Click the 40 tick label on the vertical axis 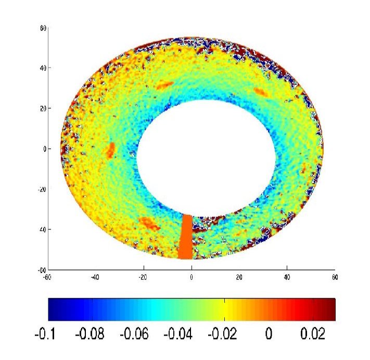click(x=44, y=68)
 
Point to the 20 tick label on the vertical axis click(x=44, y=108)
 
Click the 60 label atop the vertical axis click(x=44, y=28)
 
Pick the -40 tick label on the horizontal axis click(x=95, y=277)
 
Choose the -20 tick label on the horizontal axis click(x=143, y=277)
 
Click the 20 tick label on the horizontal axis click(x=239, y=277)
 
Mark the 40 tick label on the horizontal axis click(x=287, y=277)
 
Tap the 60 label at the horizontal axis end click(x=335, y=277)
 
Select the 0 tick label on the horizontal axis click(x=192, y=277)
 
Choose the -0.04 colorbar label click(x=178, y=334)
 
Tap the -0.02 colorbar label click(x=224, y=334)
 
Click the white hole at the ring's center click(x=206, y=156)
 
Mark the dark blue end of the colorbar click(x=55, y=309)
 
